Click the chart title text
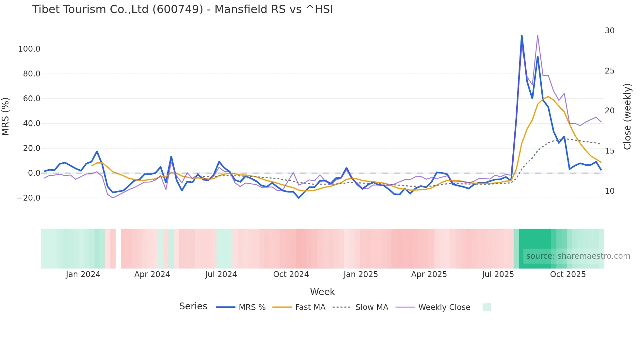point(182,9)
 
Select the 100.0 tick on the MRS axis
point(29,49)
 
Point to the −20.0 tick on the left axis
point(28,198)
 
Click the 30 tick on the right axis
point(609,31)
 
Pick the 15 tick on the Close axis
point(609,151)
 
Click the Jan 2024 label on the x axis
point(83,274)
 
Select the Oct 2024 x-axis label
point(291,274)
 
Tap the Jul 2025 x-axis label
point(498,274)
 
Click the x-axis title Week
point(322,292)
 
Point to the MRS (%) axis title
point(6,117)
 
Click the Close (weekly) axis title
point(627,117)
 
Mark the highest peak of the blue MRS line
point(521,36)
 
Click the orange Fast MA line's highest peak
point(548,97)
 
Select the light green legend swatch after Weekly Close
point(487,307)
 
